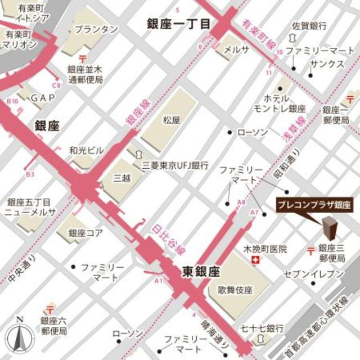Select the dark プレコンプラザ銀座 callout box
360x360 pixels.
tap(317, 206)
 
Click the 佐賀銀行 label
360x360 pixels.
tap(309, 26)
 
